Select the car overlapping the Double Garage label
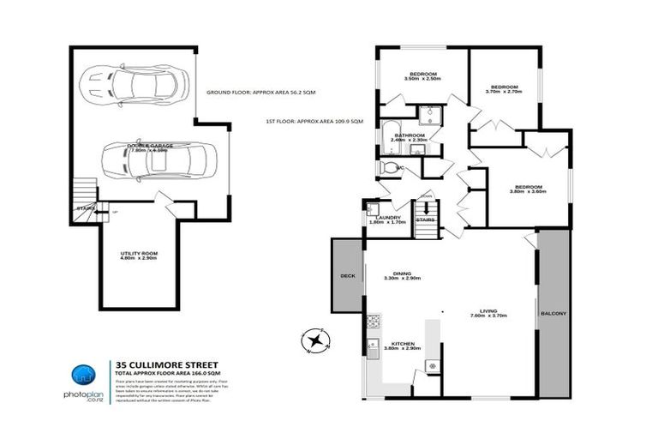[155, 159]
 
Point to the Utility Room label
[138, 256]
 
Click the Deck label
[348, 276]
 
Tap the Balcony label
[553, 314]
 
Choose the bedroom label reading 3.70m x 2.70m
[504, 89]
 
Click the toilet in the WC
[389, 168]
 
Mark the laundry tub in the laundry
[372, 208]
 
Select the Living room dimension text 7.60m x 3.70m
[489, 316]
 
